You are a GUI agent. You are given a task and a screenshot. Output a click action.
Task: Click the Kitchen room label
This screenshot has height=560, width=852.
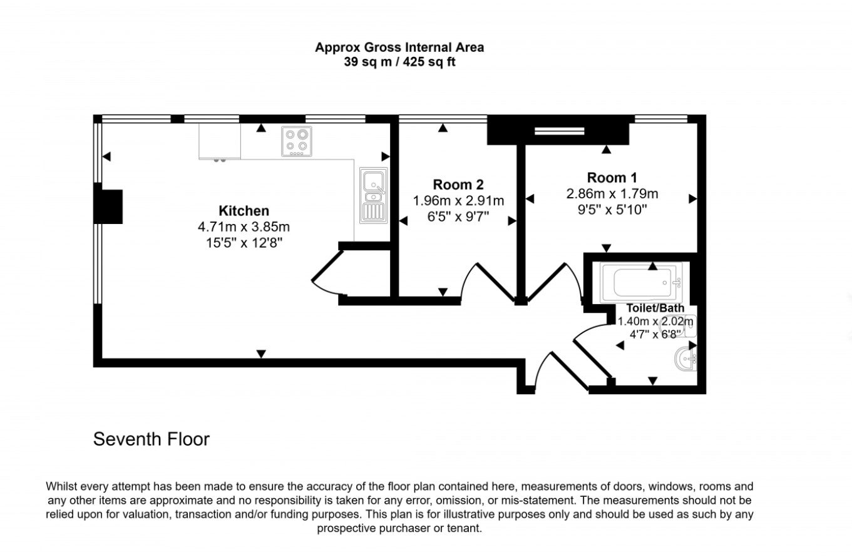click(x=244, y=211)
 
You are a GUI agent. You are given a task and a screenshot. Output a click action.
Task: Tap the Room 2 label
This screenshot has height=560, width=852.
click(x=458, y=185)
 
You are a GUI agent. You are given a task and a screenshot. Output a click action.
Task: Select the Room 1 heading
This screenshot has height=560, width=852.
click(x=612, y=178)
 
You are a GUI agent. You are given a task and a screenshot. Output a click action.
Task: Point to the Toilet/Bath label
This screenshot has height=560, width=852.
click(x=655, y=308)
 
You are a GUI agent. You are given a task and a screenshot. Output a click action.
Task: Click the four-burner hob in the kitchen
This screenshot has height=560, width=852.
click(x=297, y=141)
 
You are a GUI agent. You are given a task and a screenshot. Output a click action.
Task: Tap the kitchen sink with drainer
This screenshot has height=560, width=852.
click(x=374, y=195)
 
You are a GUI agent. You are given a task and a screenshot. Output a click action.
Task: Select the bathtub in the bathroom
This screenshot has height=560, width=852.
click(x=641, y=282)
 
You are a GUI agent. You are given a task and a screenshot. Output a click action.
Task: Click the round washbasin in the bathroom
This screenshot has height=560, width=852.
click(x=685, y=359)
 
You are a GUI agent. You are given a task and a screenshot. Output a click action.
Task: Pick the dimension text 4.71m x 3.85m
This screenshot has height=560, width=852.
click(x=244, y=227)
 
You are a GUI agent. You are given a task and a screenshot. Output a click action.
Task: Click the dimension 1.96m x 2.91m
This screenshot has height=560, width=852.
click(x=458, y=201)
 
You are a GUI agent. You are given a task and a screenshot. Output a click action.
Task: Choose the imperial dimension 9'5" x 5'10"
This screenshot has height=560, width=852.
click(x=612, y=210)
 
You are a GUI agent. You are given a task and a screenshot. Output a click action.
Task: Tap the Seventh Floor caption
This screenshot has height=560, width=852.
click(x=151, y=439)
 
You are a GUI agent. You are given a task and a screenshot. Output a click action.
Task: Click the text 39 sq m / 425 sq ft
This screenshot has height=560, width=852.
click(x=399, y=62)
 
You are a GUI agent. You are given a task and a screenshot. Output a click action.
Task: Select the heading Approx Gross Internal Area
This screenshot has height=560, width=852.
click(x=399, y=48)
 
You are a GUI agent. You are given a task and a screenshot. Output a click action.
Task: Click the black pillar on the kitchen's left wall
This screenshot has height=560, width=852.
click(x=108, y=206)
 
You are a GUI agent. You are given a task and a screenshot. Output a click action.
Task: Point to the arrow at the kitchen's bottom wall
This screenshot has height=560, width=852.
click(x=261, y=354)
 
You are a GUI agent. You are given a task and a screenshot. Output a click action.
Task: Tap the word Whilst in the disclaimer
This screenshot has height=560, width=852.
click(x=61, y=486)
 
